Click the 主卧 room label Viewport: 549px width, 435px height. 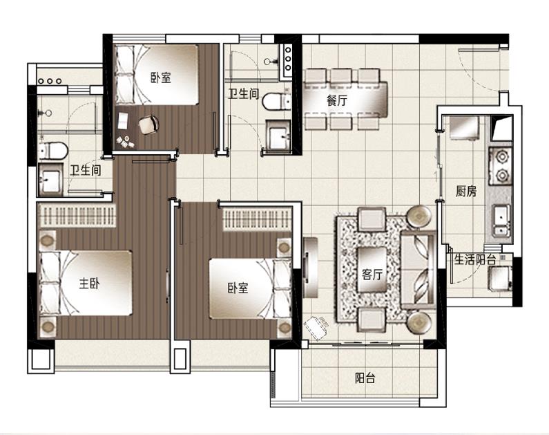(x=89, y=284)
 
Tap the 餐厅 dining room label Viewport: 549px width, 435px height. (x=337, y=100)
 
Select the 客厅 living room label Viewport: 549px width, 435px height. (x=372, y=274)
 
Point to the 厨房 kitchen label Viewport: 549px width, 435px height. (x=466, y=191)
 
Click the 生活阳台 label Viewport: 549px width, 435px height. (x=475, y=260)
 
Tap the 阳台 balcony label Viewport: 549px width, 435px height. (x=365, y=378)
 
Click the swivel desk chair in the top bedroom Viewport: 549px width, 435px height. (x=149, y=124)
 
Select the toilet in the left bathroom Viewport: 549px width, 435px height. (x=53, y=150)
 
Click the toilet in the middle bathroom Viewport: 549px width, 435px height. (x=276, y=101)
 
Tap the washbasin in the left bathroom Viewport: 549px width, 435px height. (x=51, y=180)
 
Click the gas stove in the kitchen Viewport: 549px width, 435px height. (x=501, y=165)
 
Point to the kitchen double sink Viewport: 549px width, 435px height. (x=501, y=220)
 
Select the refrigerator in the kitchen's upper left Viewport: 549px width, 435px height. (x=464, y=129)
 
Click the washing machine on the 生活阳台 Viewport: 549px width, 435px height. (x=501, y=278)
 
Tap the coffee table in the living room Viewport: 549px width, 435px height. (x=372, y=270)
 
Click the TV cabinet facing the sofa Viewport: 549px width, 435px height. (x=310, y=268)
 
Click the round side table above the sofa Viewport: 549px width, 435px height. (x=419, y=216)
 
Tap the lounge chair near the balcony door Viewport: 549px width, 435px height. (x=317, y=327)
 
